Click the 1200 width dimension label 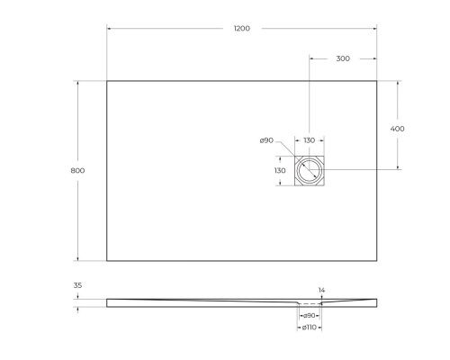pyautogui.click(x=241, y=29)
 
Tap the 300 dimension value pyautogui.click(x=342, y=58)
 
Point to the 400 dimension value pyautogui.click(x=397, y=129)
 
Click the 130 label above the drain pyautogui.click(x=309, y=140)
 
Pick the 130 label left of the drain pyautogui.click(x=279, y=170)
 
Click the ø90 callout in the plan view pyautogui.click(x=266, y=140)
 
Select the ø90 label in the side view pyautogui.click(x=309, y=316)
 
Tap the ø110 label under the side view pyautogui.click(x=309, y=328)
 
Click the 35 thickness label pyautogui.click(x=77, y=286)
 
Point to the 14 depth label pyautogui.click(x=321, y=290)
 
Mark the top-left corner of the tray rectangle pyautogui.click(x=107, y=81)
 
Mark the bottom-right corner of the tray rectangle pyautogui.click(x=376, y=261)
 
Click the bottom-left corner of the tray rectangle pyautogui.click(x=107, y=261)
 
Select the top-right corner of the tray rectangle pyautogui.click(x=376, y=81)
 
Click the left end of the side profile pyautogui.click(x=108, y=301)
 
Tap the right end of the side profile pyautogui.click(x=375, y=301)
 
